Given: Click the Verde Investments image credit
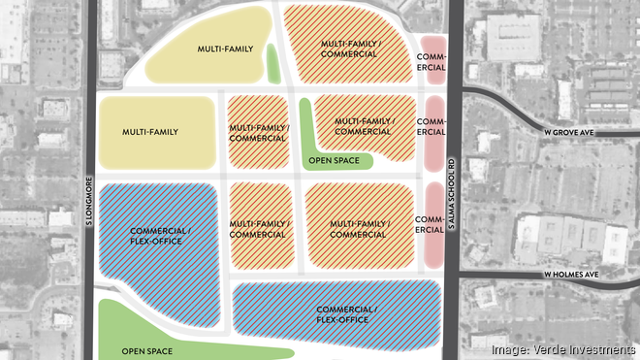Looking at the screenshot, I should point(563,349).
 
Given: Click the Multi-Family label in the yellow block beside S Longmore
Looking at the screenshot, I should point(147,131).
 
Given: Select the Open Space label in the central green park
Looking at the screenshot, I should point(334,160).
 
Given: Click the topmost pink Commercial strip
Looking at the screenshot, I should point(432,61).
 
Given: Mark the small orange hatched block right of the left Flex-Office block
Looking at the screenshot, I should point(258,229).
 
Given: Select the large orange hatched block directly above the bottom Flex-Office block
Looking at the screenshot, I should point(358,229).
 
